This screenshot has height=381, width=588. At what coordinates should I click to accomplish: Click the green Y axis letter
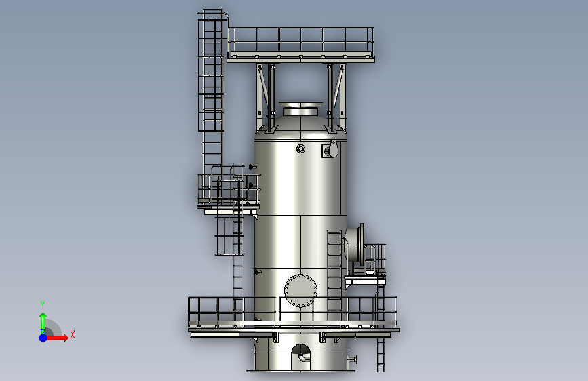(43, 304)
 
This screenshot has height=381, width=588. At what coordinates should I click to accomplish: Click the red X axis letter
(73, 334)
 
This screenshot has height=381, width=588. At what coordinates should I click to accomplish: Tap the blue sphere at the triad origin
(43, 338)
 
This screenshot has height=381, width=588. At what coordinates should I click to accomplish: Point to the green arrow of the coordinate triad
(43, 323)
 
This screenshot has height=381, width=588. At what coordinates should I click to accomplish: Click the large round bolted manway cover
(300, 291)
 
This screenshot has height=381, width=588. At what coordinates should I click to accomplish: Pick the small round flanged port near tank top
(300, 148)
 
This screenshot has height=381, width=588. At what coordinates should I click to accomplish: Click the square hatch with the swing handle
(330, 149)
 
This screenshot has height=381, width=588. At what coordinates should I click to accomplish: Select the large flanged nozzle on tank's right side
(355, 245)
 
